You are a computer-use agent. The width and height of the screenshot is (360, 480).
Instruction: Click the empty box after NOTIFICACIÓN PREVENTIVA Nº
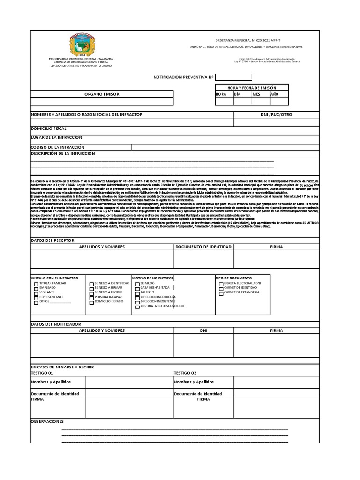233,77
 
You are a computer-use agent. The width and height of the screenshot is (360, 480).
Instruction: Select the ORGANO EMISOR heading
102,94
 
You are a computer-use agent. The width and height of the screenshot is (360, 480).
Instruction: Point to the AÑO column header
275,94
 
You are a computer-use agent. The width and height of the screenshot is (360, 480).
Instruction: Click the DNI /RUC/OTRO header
277,115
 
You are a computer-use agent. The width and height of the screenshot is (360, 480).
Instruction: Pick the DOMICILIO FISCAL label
49,128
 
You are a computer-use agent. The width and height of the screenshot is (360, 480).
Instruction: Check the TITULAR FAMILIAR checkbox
36,284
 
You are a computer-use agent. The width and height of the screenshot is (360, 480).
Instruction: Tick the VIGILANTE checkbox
36,293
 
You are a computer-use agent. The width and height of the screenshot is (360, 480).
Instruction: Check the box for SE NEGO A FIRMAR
91,288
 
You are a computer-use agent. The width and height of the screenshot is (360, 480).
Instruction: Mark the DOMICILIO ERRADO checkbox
91,302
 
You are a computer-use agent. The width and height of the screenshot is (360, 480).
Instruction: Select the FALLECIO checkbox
137,292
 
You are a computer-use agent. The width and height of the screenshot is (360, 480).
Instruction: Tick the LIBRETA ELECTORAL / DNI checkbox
220,284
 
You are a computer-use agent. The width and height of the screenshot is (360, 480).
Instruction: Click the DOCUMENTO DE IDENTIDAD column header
203,247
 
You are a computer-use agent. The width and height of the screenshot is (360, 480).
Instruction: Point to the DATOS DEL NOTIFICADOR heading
56,324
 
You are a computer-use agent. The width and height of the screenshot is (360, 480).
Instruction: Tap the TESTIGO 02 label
185,373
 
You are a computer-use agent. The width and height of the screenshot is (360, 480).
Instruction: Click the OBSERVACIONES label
47,422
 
